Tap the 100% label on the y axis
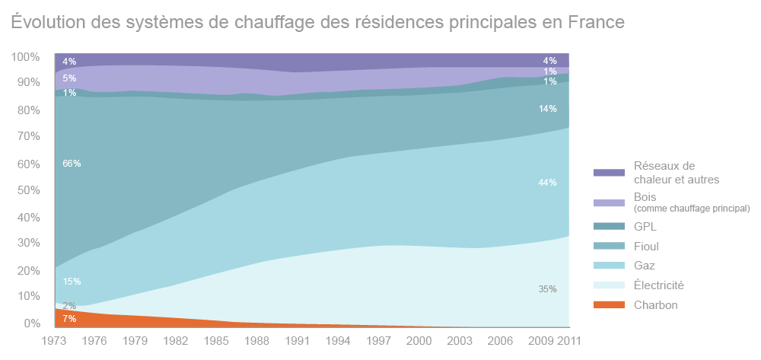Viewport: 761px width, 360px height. [25, 57]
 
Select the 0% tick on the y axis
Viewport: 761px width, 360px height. [31, 323]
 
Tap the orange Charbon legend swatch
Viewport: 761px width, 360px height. [609, 305]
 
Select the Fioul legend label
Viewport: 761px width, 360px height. [646, 247]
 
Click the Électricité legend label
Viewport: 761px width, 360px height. [658, 285]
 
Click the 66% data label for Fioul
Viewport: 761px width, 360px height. [72, 164]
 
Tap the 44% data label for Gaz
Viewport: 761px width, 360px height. [548, 183]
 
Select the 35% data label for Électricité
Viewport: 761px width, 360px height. [548, 289]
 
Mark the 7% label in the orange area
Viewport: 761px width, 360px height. [69, 318]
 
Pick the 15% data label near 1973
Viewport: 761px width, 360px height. [72, 282]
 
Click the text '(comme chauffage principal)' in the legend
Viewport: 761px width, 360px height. [692, 208]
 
